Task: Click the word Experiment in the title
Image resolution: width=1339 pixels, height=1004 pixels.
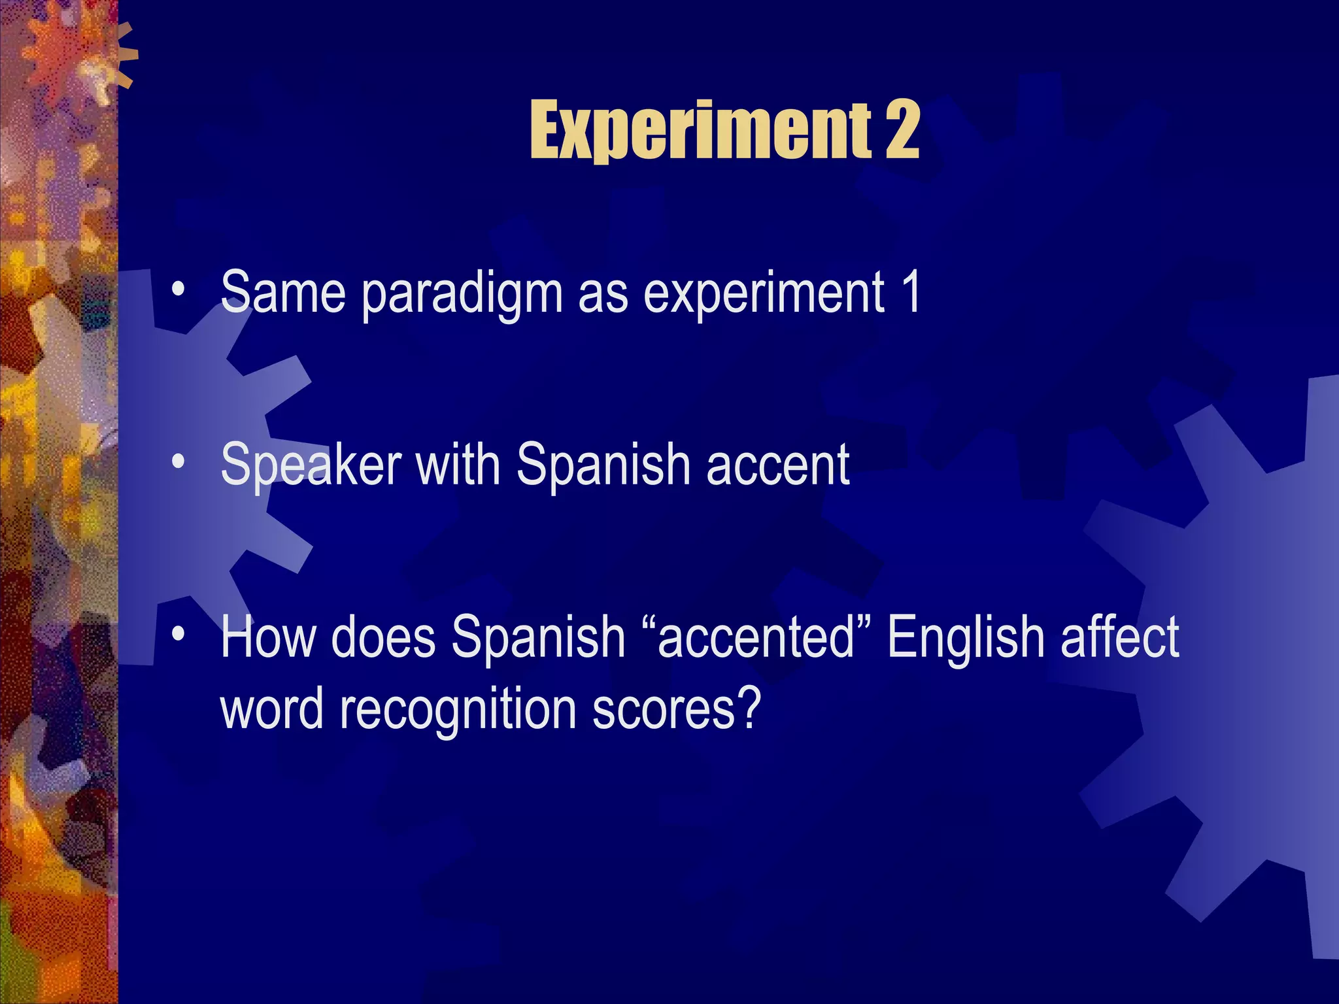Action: point(700,131)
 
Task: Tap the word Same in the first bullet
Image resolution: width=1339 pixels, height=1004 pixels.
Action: point(282,293)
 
